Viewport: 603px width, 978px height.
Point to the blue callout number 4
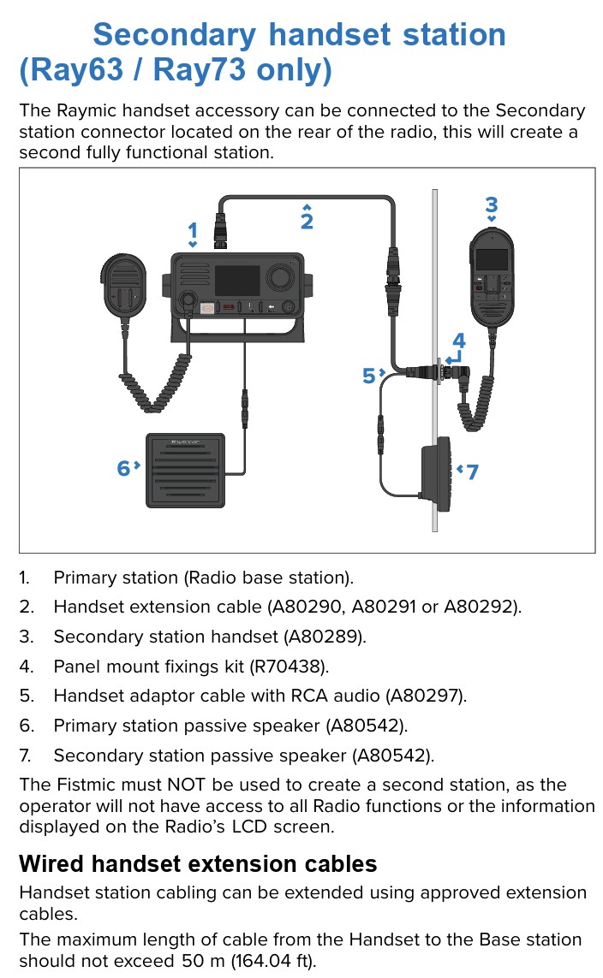coord(459,341)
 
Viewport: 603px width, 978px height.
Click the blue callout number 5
coord(369,375)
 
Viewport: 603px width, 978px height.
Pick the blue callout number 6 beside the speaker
coord(124,468)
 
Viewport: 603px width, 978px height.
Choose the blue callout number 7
coord(472,471)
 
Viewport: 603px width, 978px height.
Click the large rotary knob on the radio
coord(279,277)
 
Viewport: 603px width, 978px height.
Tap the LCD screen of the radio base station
coord(236,280)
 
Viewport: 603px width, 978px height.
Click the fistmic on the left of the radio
coord(125,286)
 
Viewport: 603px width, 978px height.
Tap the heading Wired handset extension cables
coord(198,863)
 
